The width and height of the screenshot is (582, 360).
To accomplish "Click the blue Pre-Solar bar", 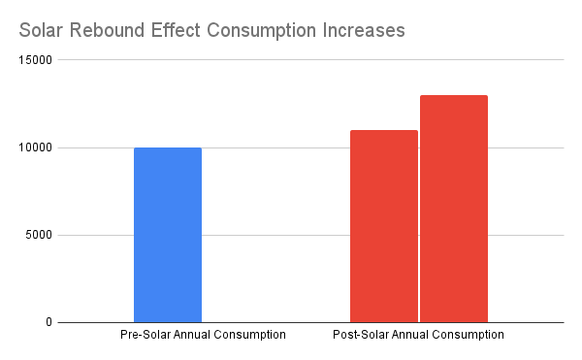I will (168, 235).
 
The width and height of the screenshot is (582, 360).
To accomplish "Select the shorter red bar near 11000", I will (384, 226).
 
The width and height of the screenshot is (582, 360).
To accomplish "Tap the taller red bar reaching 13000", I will (454, 209).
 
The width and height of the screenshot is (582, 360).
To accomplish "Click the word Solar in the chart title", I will (41, 30).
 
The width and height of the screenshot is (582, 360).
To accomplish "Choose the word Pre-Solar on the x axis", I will (143, 336).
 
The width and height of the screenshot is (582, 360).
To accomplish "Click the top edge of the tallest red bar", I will (454, 96).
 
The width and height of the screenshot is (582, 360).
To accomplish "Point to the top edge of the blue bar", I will (168, 148).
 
